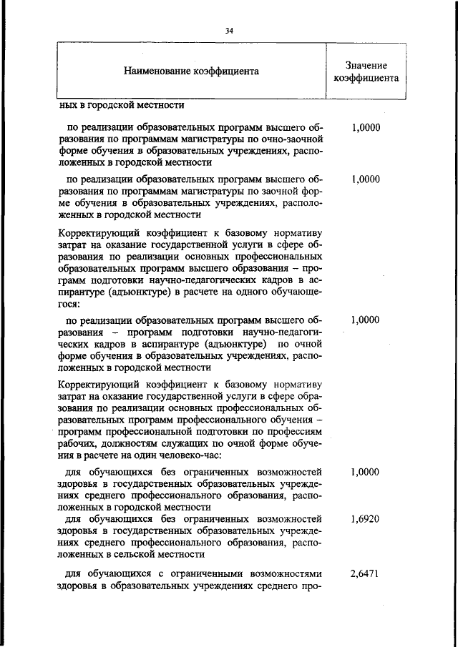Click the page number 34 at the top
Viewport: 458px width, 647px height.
coord(229,30)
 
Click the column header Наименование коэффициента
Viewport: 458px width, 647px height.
coord(191,71)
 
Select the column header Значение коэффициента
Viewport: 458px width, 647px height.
coord(366,71)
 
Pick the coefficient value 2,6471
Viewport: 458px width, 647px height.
coord(366,574)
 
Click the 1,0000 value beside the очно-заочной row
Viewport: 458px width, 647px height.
coord(366,128)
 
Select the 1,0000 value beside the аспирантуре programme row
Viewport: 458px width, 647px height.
coord(366,320)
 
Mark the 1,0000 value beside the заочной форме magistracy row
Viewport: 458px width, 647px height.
coord(366,179)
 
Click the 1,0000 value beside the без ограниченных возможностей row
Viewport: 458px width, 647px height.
coord(366,473)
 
